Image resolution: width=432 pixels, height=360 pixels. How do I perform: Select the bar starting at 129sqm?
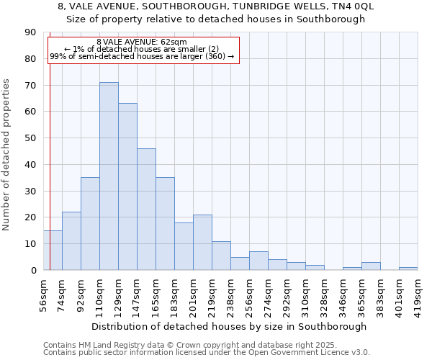coord(127,186)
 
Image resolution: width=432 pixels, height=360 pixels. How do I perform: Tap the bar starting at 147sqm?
coord(146,209)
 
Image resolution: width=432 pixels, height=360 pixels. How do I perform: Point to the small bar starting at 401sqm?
coord(408,269)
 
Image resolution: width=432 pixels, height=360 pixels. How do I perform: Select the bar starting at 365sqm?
coord(371,266)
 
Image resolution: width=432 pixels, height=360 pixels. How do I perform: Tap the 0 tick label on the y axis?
coord(33,270)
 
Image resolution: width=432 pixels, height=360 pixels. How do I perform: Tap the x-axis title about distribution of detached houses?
coord(230,326)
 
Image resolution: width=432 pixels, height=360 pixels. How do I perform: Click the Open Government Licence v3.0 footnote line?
coord(205,353)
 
